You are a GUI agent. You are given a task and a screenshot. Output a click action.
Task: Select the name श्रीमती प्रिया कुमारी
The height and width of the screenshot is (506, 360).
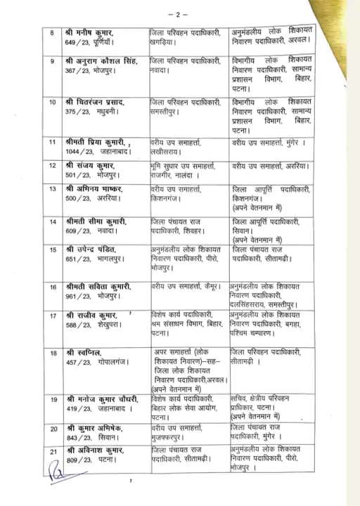(97, 143)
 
